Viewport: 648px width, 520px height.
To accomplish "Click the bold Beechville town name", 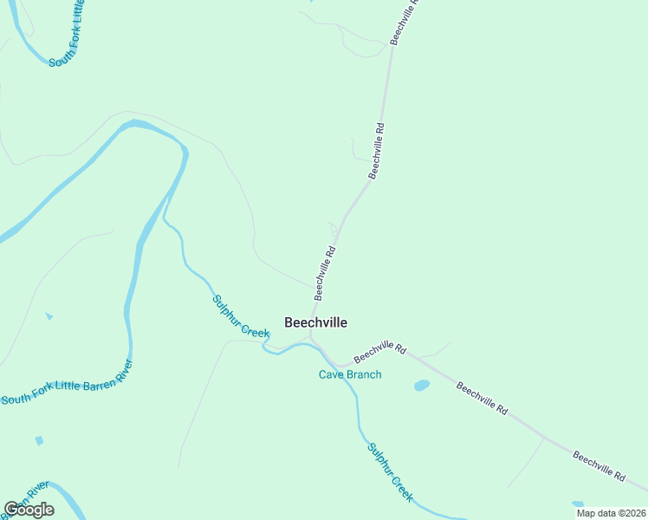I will pyautogui.click(x=316, y=322).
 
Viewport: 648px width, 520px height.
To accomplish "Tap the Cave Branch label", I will pyautogui.click(x=350, y=374).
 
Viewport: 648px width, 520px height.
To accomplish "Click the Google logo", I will pyautogui.click(x=29, y=509).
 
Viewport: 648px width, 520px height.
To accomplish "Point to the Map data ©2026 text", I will pyautogui.click(x=611, y=513).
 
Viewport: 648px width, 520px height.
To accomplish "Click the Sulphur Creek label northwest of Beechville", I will pyautogui.click(x=242, y=316).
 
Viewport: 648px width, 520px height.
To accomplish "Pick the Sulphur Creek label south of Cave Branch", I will pyautogui.click(x=390, y=473).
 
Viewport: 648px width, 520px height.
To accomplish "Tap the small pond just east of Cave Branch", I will pyautogui.click(x=422, y=385).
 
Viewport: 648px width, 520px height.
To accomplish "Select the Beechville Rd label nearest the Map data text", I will pyautogui.click(x=599, y=466).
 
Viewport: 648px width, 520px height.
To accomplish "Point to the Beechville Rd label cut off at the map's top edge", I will pyautogui.click(x=405, y=22).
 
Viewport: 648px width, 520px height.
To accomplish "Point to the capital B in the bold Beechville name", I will pyautogui.click(x=289, y=322).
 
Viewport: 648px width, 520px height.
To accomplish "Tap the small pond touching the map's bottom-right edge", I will pyautogui.click(x=578, y=504).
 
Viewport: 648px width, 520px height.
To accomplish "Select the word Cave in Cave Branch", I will pyautogui.click(x=332, y=374).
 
